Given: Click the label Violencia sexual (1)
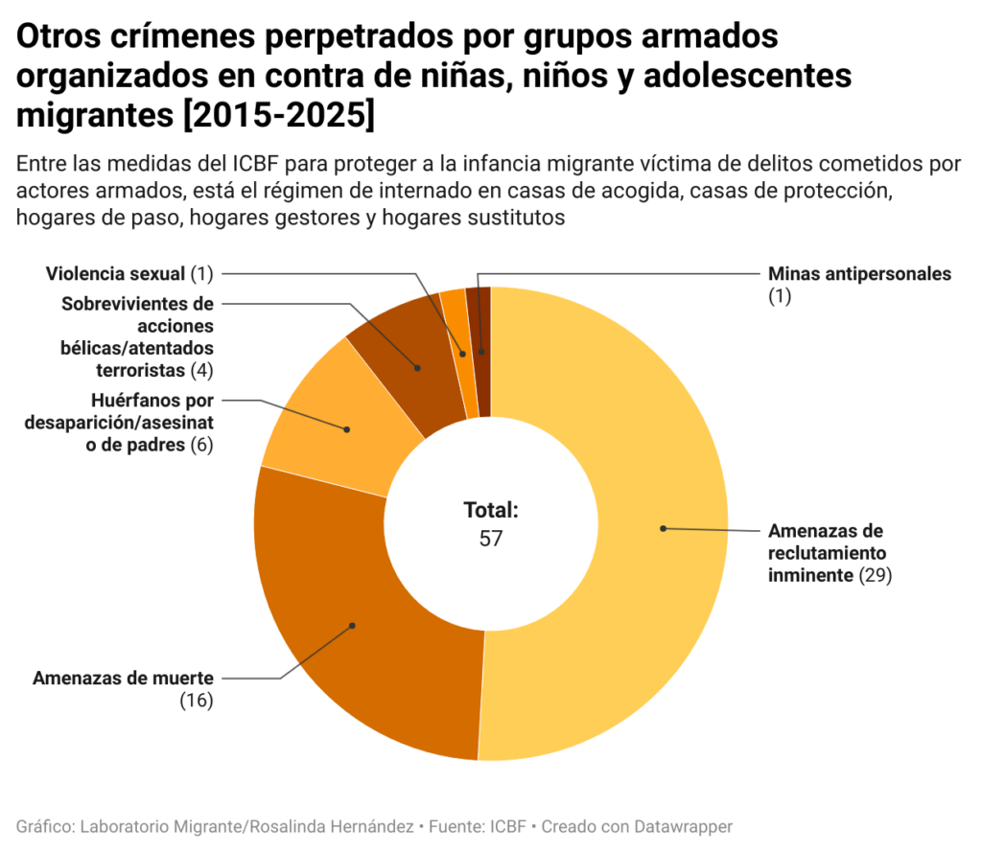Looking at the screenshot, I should [x=129, y=274].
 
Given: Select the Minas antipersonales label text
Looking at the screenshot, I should [x=859, y=274].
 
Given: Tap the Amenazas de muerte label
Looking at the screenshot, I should [x=123, y=679].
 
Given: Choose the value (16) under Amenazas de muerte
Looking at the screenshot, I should [x=196, y=701].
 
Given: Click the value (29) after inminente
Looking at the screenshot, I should [x=876, y=575].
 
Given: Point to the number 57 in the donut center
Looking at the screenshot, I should [x=491, y=539].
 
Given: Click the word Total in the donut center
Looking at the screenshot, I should [x=489, y=510].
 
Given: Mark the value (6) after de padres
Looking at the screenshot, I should [x=200, y=445].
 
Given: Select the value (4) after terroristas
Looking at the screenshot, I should [x=202, y=369].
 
